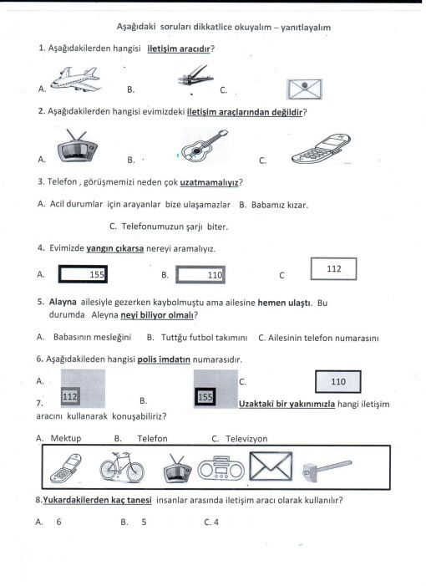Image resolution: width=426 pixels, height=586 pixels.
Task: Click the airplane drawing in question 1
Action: point(75,79)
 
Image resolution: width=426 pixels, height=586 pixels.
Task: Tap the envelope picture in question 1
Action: point(304,89)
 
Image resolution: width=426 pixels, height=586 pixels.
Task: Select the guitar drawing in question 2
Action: point(204,145)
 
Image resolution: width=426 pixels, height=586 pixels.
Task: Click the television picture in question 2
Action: point(78,146)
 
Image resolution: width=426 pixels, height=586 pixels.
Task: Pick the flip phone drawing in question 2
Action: point(321,149)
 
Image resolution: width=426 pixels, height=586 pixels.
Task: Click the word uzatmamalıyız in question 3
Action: point(209,183)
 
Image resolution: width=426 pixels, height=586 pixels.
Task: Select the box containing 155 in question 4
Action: point(83,274)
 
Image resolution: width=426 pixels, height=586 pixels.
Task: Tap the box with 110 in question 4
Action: point(200,275)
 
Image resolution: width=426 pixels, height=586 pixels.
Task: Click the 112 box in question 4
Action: point(333,268)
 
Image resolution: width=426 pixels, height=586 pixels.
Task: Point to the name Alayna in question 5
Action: point(63,302)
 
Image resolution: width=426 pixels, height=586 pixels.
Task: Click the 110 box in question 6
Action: point(338,381)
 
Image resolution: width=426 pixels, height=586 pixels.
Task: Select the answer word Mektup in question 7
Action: point(66,438)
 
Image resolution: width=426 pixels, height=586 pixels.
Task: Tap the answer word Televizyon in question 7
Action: point(246,438)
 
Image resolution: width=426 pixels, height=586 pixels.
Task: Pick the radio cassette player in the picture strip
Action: point(221,469)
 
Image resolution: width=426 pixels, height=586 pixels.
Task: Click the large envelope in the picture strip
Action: point(271,466)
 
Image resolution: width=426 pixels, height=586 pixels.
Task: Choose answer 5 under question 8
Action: point(144,522)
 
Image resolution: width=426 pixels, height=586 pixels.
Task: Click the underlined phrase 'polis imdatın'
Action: point(164,359)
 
